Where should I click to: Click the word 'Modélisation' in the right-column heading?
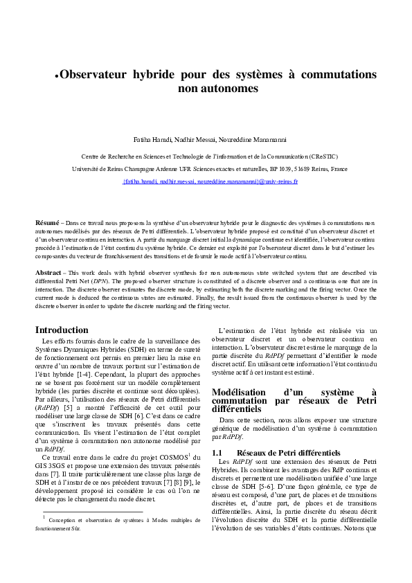[x=244, y=393]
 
